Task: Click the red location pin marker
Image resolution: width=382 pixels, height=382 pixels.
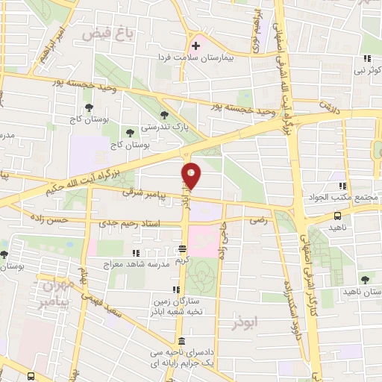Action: [191, 175]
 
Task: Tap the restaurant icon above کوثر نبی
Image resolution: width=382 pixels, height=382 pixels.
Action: [366, 58]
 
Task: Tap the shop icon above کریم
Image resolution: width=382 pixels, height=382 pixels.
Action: [183, 249]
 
